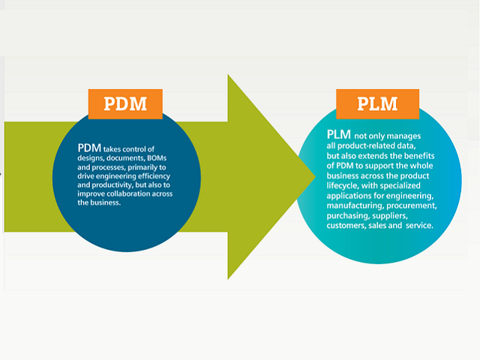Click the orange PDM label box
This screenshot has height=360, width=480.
pos(125,104)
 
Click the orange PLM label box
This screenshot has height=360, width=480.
pos(377,103)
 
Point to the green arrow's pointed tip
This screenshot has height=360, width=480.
pos(315,177)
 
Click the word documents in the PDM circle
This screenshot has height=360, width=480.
pos(124,160)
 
